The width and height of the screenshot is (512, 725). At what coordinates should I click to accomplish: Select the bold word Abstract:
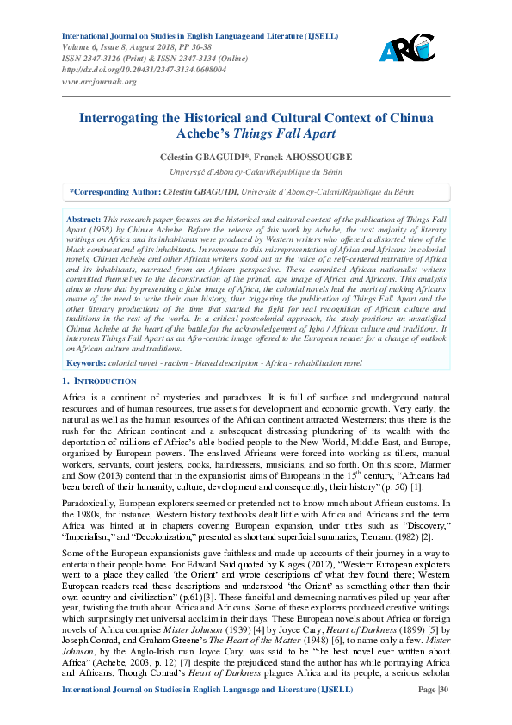[x=83, y=220]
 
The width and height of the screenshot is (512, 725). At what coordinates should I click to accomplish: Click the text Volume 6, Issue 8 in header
[x=94, y=47]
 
